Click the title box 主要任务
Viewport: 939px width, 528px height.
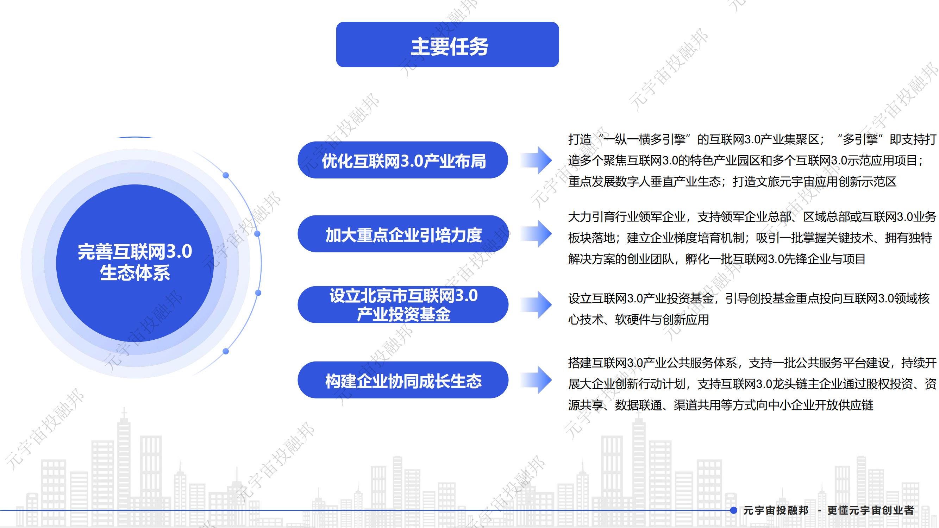447,45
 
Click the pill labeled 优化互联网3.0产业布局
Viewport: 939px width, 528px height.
403,160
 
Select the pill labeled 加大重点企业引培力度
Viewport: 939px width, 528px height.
403,234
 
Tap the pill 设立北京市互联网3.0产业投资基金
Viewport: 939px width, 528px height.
403,304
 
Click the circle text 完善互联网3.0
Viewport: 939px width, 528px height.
134,251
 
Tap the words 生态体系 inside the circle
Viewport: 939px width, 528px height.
134,272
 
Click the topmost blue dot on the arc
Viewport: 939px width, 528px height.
226,175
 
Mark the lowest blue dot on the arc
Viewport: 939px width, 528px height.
226,351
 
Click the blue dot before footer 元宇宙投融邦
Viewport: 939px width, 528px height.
734,510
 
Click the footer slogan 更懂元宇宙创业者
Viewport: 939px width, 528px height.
870,510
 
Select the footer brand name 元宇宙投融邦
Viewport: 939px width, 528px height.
776,510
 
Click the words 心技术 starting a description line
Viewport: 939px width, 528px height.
586,320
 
